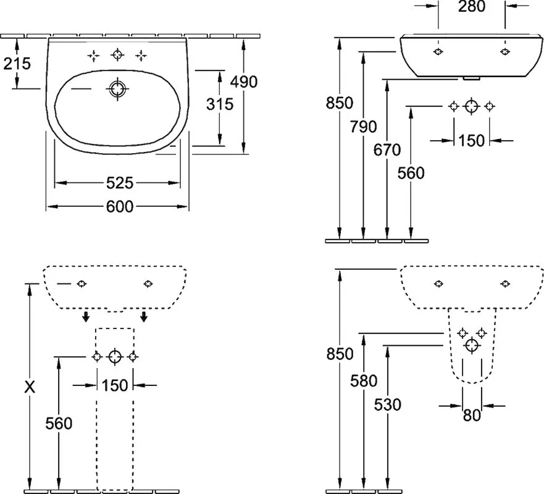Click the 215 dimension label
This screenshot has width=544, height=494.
[x=17, y=64]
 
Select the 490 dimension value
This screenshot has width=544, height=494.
[x=244, y=82]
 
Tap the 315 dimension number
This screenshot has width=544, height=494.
[x=220, y=104]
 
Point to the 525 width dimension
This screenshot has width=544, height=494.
[x=120, y=183]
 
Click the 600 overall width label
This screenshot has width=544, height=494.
[x=120, y=206]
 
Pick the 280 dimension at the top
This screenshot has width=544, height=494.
[x=472, y=6]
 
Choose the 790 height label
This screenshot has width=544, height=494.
[x=363, y=127]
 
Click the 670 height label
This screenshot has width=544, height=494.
[x=387, y=150]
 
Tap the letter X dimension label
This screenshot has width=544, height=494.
[x=30, y=387]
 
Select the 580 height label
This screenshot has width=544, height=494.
[x=364, y=381]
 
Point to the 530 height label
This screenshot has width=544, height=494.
[x=388, y=404]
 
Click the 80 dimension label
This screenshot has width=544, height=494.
[x=472, y=415]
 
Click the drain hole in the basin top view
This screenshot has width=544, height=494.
[x=117, y=89]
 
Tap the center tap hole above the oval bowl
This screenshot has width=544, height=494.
[x=117, y=54]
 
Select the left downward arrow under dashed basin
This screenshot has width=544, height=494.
[x=86, y=316]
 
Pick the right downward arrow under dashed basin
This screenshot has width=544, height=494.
[x=144, y=316]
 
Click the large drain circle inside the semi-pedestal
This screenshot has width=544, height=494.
[x=472, y=346]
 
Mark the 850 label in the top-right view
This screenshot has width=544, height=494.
[x=340, y=103]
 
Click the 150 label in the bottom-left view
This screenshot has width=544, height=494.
[x=115, y=385]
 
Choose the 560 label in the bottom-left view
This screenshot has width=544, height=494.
[x=59, y=423]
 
